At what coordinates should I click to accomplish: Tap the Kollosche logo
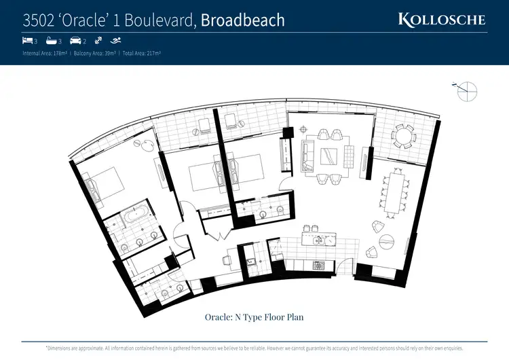[x=442, y=19]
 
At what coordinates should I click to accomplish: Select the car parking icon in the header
[x=75, y=41]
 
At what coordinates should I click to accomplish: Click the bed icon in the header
[x=27, y=41]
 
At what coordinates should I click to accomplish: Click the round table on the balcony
[x=405, y=138]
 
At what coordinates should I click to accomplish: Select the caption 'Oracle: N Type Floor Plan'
[x=254, y=317]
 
